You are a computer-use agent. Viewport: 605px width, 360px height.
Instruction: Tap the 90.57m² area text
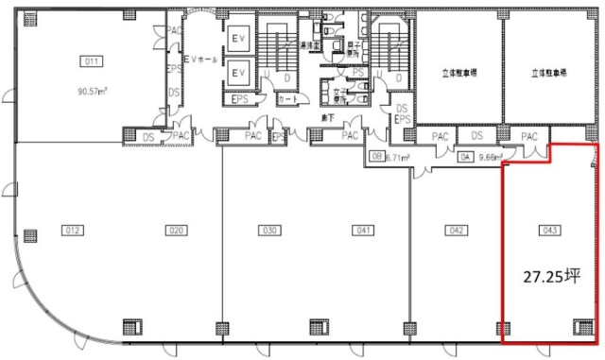pos(93,92)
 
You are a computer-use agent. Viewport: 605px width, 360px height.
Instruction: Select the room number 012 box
pos(72,230)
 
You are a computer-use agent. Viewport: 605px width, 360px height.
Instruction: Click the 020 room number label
pos(175,230)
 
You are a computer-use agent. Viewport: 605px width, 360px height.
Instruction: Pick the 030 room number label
pos(270,230)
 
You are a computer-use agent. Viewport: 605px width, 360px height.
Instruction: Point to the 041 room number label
pos(362,230)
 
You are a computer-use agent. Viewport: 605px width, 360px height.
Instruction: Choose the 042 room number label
pos(456,230)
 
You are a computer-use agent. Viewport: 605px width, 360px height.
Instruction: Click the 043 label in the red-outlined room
pos(548,230)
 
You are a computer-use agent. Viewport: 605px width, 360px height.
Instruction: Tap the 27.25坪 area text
pos(550,276)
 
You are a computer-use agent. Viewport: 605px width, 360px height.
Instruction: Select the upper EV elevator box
pos(239,37)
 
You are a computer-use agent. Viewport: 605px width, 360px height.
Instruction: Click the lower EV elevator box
pos(239,73)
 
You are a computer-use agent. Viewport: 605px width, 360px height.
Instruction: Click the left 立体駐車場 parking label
pos(458,72)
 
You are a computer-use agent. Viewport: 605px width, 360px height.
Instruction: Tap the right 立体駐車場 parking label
pos(548,72)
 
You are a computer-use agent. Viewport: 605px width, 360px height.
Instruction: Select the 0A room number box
pos(465,159)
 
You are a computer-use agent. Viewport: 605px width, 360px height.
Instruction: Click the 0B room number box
pos(376,159)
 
